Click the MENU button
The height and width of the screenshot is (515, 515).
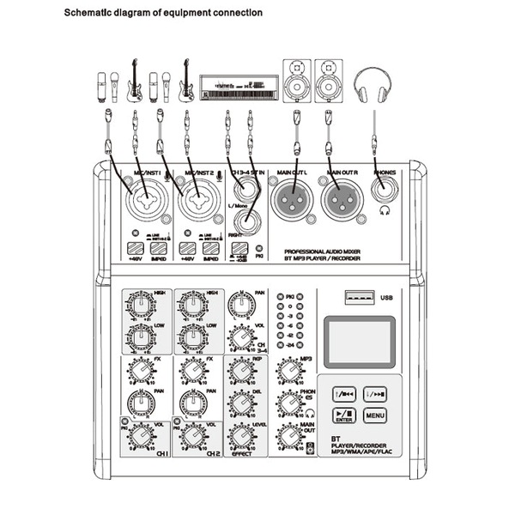[x=375, y=415]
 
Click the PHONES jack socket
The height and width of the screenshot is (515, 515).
[x=382, y=192]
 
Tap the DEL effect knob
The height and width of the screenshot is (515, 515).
[x=239, y=405]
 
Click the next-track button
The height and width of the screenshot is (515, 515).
[x=375, y=394]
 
